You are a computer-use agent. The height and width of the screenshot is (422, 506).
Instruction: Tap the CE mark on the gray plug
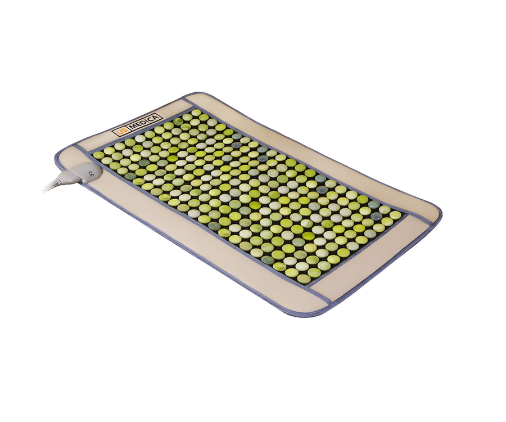tap(92, 176)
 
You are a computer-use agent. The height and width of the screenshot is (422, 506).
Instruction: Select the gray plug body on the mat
tap(84, 173)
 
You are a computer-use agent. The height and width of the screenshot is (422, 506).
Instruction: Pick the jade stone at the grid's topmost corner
tap(196, 113)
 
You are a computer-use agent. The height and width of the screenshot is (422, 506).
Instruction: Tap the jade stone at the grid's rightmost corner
tap(395, 215)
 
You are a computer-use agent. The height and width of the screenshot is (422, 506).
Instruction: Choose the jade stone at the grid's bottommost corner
tap(304, 279)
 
